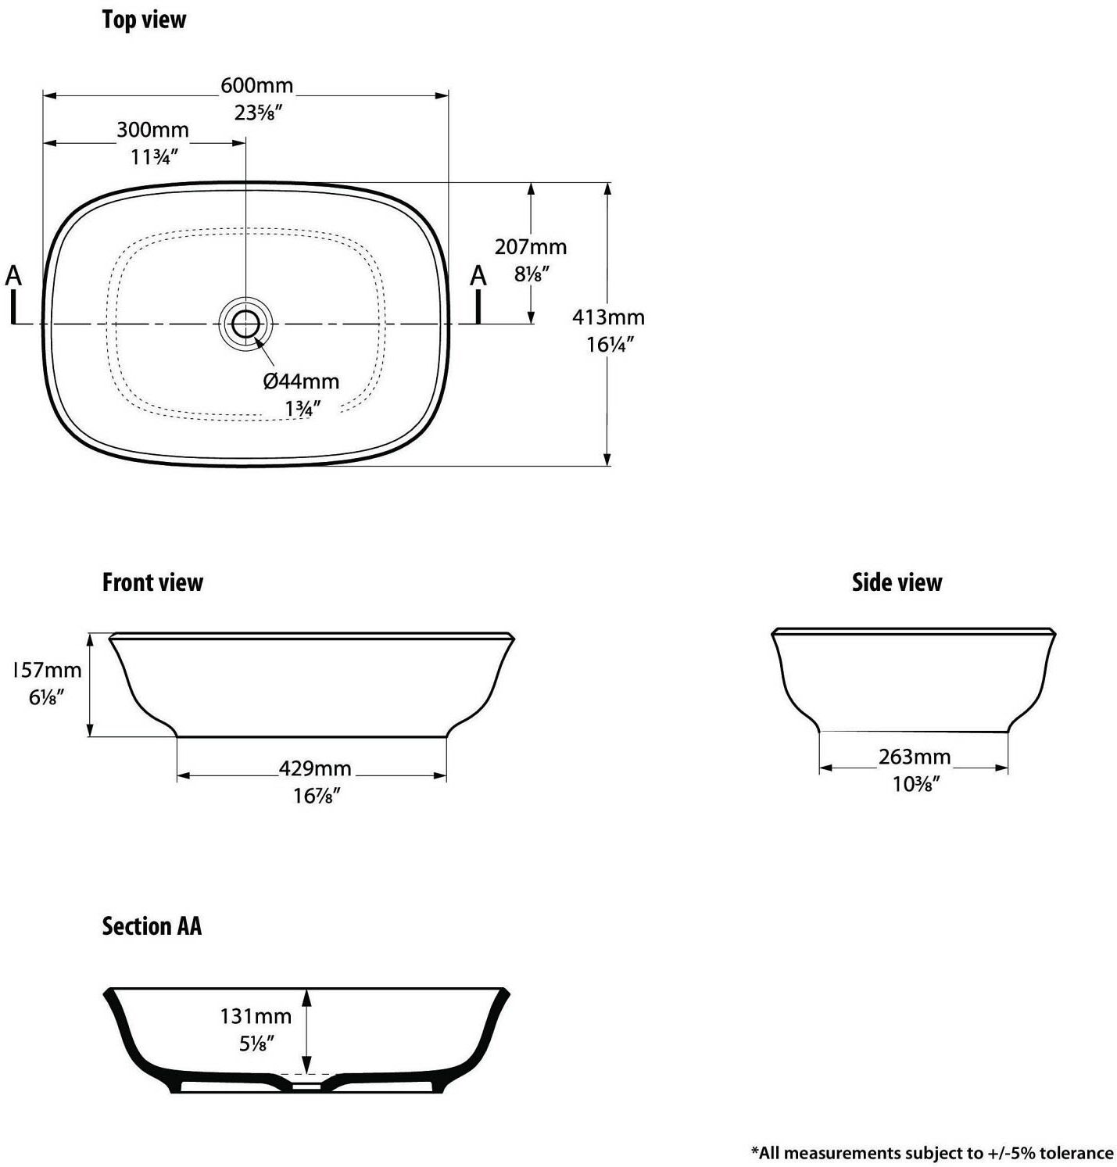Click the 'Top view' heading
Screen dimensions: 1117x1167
pyautogui.click(x=144, y=20)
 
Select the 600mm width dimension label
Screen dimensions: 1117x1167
pyautogui.click(x=256, y=84)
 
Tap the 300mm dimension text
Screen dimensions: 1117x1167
pyautogui.click(x=152, y=130)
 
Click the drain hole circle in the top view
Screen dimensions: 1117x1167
pyautogui.click(x=245, y=323)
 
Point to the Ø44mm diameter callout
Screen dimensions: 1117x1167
pyautogui.click(x=301, y=381)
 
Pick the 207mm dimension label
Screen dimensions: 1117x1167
pyautogui.click(x=531, y=247)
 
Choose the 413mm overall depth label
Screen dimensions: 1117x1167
pyautogui.click(x=608, y=317)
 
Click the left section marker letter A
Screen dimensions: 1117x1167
pyautogui.click(x=13, y=276)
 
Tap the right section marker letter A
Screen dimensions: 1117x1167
pyautogui.click(x=478, y=276)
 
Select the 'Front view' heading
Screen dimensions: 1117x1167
pyautogui.click(x=152, y=582)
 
